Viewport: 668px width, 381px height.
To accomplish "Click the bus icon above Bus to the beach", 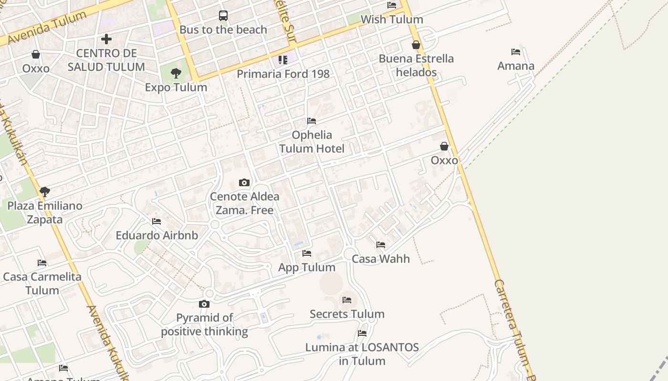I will click(x=223, y=16).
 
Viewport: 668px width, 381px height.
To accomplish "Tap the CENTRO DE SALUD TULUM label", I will click(x=106, y=60).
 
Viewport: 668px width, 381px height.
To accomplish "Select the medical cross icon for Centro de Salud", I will click(x=106, y=39).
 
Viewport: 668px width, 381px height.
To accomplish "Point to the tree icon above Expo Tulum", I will click(x=176, y=73).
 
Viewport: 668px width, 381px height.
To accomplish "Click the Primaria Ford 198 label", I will click(x=283, y=74).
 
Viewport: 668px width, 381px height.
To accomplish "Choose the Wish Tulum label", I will click(x=392, y=20).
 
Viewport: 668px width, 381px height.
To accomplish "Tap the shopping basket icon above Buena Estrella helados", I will click(x=416, y=45).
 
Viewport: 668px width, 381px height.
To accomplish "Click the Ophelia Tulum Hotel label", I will click(x=312, y=141).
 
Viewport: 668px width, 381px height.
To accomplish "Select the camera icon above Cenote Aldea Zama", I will click(x=244, y=182).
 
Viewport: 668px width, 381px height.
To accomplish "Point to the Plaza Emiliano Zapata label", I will click(x=44, y=212).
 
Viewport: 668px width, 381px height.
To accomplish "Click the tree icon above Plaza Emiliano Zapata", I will click(x=45, y=192).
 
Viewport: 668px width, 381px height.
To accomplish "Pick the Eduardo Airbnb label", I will click(x=157, y=235).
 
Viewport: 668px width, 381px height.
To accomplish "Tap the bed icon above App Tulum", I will click(x=307, y=253).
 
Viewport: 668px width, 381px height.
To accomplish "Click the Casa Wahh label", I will click(x=381, y=259).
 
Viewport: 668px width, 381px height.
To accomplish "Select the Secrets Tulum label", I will click(x=347, y=314).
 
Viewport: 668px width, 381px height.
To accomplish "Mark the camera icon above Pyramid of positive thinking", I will click(x=204, y=304).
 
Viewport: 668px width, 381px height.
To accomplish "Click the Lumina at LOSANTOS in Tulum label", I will click(x=362, y=354).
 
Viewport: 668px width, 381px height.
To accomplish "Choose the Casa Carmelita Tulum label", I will click(x=42, y=283).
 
